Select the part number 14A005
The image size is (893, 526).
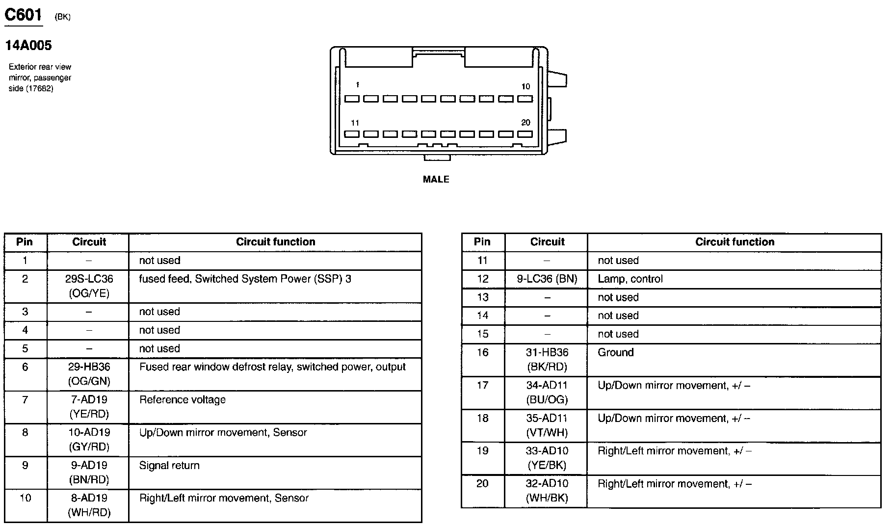[x=28, y=46]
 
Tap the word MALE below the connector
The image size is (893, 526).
[x=436, y=180]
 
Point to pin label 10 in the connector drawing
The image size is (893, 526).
[x=525, y=86]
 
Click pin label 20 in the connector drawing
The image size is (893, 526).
[x=525, y=123]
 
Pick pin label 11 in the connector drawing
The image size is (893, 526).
[x=355, y=123]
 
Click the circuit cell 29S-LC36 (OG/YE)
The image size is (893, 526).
[x=89, y=286]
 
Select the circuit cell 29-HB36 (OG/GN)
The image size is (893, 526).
[x=89, y=374]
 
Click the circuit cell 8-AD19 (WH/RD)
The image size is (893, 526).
[x=89, y=505]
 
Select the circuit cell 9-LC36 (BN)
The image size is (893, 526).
[x=547, y=279]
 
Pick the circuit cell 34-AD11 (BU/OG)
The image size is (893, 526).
[x=547, y=393]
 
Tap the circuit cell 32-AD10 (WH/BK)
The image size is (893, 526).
[x=547, y=491]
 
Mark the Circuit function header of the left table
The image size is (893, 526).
[x=275, y=242]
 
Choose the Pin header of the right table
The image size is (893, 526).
[x=482, y=242]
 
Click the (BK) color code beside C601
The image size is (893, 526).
[x=63, y=17]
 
